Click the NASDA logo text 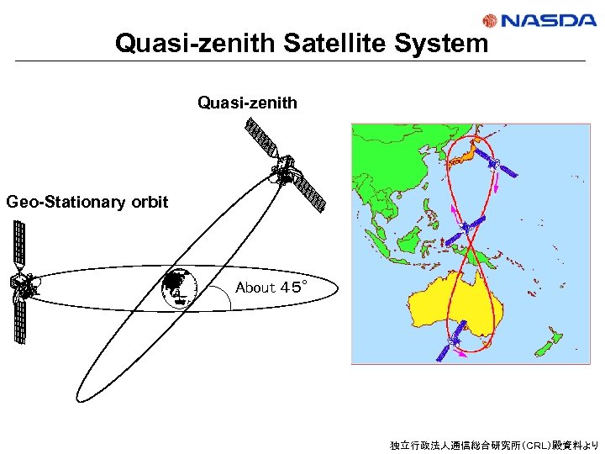coord(551,20)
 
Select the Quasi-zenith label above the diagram coord(247,103)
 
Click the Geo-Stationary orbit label coord(87,202)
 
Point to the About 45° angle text coord(271,288)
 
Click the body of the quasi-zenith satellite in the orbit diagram coord(287,172)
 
